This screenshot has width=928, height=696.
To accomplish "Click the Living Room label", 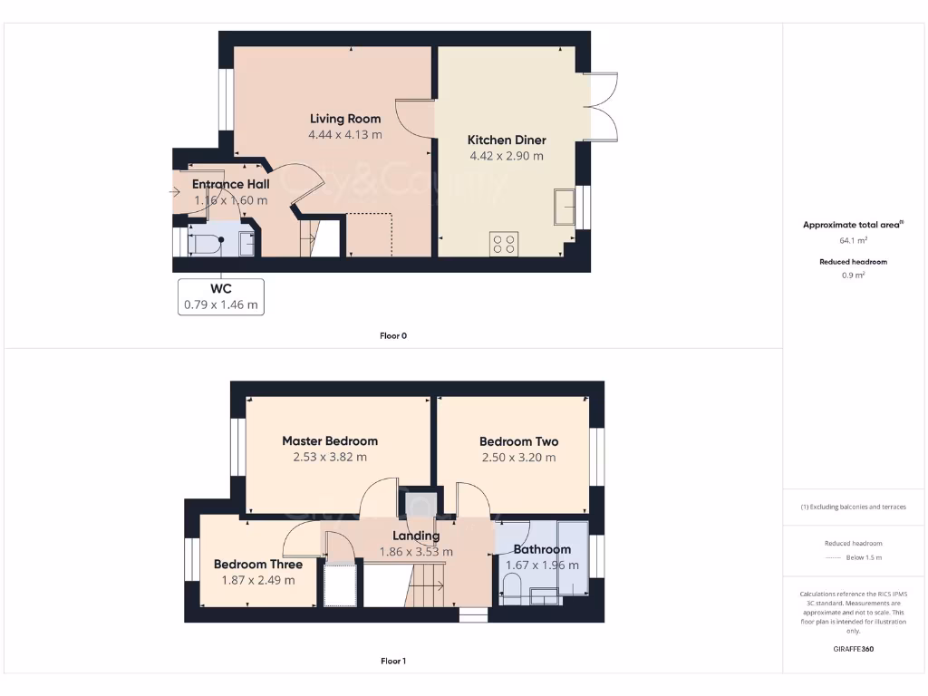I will pyautogui.click(x=344, y=119).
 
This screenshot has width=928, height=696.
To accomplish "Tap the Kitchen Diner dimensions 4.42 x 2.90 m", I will pyautogui.click(x=506, y=156).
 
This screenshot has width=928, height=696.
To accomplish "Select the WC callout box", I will pyautogui.click(x=221, y=296).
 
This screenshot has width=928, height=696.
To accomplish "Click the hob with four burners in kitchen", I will pyautogui.click(x=504, y=243).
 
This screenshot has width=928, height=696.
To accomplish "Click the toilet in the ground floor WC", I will pyautogui.click(x=204, y=243).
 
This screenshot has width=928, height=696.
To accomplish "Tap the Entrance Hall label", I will pyautogui.click(x=230, y=184).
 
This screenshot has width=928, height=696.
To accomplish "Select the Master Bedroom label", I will pyautogui.click(x=330, y=441).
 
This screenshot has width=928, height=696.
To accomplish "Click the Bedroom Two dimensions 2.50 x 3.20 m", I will pyautogui.click(x=518, y=458).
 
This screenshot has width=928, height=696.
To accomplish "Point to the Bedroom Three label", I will pyautogui.click(x=258, y=564).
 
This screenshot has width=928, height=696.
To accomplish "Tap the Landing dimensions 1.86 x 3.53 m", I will pyautogui.click(x=416, y=551).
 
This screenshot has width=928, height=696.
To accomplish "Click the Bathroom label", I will pyautogui.click(x=542, y=549).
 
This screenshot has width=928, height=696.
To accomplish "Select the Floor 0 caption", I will pyautogui.click(x=393, y=335).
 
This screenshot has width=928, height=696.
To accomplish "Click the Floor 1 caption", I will pyautogui.click(x=393, y=662).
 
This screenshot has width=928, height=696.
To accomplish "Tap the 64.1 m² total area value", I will pyautogui.click(x=854, y=240).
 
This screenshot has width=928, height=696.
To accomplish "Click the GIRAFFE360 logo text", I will pyautogui.click(x=854, y=649).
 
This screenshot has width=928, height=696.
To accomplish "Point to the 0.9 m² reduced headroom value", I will pyautogui.click(x=854, y=275).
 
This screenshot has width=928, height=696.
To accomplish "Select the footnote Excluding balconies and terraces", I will pyautogui.click(x=854, y=507).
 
